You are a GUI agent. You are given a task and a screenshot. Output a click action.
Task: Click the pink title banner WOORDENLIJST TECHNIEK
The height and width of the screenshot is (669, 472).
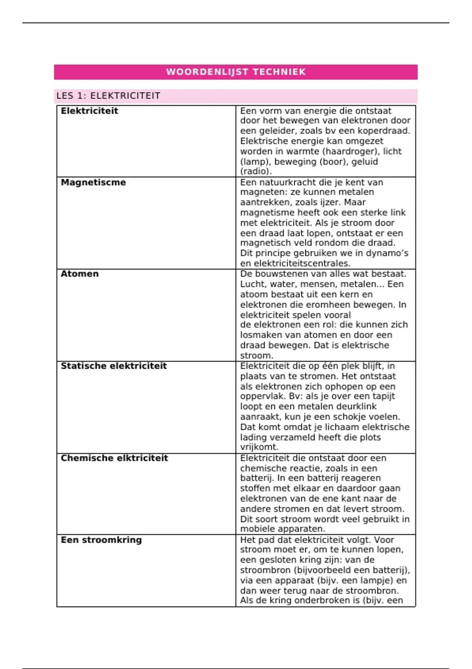click(236, 72)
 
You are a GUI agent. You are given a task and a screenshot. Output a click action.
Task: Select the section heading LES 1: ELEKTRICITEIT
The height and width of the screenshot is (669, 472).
click(108, 96)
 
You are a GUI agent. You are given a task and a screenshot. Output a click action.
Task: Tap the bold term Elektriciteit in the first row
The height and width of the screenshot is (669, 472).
click(89, 111)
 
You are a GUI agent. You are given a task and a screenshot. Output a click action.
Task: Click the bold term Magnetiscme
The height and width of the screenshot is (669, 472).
click(93, 183)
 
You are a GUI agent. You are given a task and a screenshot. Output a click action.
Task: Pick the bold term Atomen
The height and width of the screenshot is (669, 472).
click(79, 274)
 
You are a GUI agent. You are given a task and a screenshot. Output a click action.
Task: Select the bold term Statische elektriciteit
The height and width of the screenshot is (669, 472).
click(114, 366)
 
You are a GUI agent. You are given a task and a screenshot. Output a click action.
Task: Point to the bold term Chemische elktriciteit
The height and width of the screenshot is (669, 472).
click(114, 458)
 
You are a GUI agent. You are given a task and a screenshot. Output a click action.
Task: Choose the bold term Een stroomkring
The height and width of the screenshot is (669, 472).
click(101, 540)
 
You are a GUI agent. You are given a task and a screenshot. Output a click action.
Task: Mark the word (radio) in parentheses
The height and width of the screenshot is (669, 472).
click(255, 172)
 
